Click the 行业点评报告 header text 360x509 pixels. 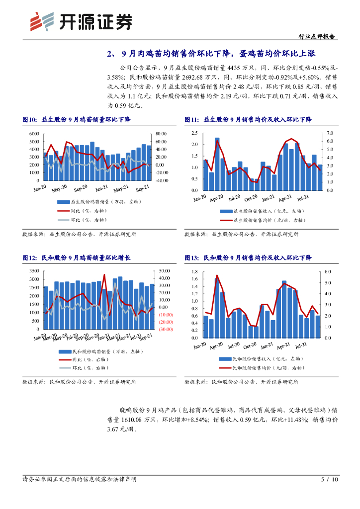318,37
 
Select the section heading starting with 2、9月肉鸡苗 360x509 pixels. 211,54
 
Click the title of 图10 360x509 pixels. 79,120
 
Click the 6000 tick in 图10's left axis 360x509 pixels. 34,134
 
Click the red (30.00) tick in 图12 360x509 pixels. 166,329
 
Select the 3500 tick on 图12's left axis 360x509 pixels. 34,271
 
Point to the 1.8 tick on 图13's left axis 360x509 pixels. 194,272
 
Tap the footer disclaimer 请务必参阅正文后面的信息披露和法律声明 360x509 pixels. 80,480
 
